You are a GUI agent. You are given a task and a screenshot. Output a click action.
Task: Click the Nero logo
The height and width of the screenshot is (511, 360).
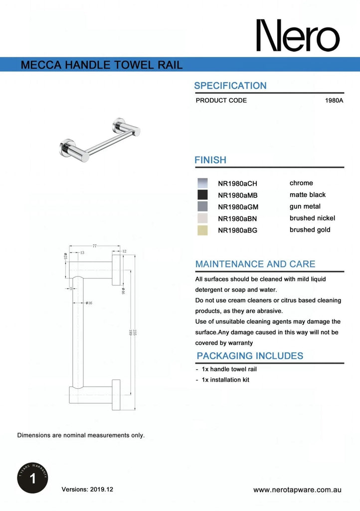298,36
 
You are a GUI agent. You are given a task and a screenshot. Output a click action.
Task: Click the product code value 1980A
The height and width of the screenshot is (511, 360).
334,100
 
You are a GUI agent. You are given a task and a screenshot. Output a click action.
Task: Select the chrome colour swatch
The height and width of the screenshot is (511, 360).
202,183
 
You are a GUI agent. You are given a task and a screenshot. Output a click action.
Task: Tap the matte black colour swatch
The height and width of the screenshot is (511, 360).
202,195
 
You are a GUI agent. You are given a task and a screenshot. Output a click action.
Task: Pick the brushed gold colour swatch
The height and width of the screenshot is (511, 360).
202,230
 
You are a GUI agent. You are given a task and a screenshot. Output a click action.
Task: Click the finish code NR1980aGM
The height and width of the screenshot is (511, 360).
238,207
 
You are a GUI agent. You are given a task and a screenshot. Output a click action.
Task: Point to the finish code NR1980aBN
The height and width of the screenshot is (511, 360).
238,219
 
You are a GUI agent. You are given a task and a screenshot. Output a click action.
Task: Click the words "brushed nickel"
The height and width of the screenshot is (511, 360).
312,218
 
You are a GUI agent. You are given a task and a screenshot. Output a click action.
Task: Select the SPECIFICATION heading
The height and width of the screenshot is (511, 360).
230,86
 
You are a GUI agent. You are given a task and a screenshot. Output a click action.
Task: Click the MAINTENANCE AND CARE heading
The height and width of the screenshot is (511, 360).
255,264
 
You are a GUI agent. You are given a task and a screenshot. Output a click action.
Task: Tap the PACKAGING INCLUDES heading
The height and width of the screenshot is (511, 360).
250,356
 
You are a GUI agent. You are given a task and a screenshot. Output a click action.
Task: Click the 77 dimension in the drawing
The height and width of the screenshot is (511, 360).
95,246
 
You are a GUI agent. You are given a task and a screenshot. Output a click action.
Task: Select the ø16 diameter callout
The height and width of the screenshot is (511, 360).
88,303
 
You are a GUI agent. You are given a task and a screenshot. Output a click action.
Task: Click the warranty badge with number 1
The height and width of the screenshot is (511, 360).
32,479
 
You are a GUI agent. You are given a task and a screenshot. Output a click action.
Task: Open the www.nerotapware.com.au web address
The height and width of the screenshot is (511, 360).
297,490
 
